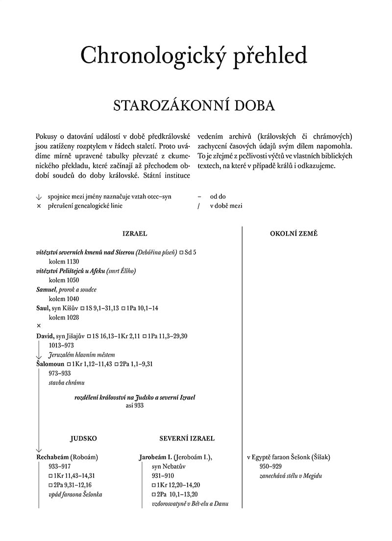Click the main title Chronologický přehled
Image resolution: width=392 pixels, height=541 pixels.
(x=194, y=56)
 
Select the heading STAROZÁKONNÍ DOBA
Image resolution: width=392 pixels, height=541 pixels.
(x=194, y=106)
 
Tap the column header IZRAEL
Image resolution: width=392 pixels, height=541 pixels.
(x=135, y=234)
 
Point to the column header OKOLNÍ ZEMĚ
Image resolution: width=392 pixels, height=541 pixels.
(x=294, y=234)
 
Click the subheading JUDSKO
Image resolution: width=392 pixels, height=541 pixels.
(x=83, y=439)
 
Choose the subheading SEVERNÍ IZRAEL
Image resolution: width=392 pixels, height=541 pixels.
(x=187, y=439)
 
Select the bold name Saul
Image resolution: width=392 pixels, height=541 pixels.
(x=43, y=308)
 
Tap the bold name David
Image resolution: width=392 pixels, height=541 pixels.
(x=44, y=336)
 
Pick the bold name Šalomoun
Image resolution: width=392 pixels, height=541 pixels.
(x=50, y=364)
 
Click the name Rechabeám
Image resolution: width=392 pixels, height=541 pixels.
(x=53, y=457)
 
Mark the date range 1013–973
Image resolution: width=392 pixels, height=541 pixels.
(x=62, y=345)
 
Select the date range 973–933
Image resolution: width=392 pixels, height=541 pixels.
(x=60, y=373)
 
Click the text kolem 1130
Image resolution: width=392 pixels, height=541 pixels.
(x=64, y=262)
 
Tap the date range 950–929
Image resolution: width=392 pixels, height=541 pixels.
(x=270, y=466)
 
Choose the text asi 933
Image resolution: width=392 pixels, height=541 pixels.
(x=134, y=406)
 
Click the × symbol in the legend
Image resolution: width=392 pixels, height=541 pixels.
(x=39, y=206)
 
